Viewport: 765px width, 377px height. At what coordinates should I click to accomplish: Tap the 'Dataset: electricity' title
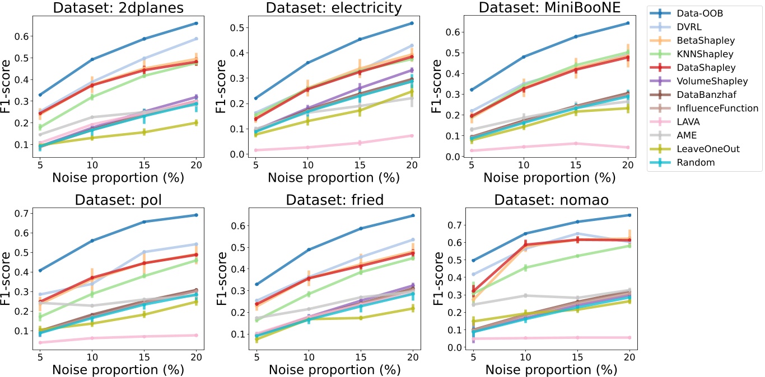click(x=334, y=8)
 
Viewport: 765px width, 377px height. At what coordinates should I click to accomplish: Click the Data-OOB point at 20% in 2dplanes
click(x=195, y=23)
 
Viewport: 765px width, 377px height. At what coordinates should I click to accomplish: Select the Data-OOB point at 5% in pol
click(x=40, y=271)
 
